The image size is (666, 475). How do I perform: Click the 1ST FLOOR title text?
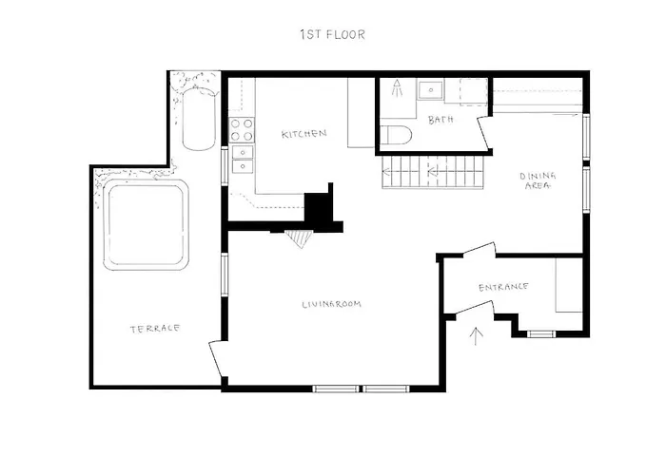[332, 35]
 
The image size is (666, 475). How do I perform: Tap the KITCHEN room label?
[304, 134]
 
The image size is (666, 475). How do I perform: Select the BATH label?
[441, 120]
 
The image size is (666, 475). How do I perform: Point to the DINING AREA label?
[538, 181]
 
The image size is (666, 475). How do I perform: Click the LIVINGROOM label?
[331, 304]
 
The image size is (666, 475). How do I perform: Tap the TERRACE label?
[155, 329]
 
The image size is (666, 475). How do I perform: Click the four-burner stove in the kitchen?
[242, 128]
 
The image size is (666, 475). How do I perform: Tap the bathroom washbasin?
[431, 90]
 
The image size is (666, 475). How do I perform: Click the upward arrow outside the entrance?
[477, 333]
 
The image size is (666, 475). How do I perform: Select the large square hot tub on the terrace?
[147, 225]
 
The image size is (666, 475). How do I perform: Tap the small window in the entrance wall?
[541, 333]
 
